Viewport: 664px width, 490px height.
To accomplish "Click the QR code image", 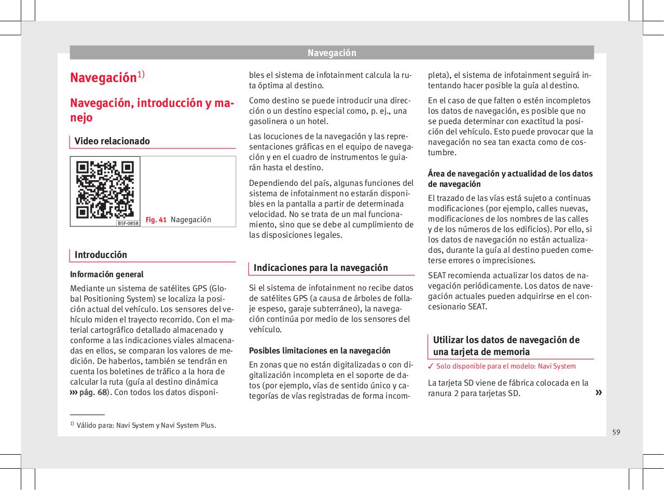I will click(105, 189).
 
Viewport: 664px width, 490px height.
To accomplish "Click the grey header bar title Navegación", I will click(331, 53).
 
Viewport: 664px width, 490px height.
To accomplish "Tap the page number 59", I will click(616, 432).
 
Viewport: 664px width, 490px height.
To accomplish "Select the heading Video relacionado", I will click(112, 141).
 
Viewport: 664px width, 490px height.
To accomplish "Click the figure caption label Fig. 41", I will click(156, 220).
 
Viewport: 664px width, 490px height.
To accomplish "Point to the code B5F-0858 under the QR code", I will click(127, 223).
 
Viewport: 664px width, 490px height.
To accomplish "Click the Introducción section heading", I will click(101, 255).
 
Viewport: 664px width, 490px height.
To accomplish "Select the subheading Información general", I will click(106, 275).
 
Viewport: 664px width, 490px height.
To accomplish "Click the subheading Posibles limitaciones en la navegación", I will click(320, 350).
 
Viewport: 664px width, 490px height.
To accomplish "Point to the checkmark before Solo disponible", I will click(430, 366).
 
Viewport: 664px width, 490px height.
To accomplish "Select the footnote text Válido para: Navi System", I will click(146, 426).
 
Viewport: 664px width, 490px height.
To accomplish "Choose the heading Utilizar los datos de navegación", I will click(506, 346).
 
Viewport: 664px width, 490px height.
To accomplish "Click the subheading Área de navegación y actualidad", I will click(510, 179).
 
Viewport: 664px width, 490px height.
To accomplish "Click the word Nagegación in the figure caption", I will click(191, 220).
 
